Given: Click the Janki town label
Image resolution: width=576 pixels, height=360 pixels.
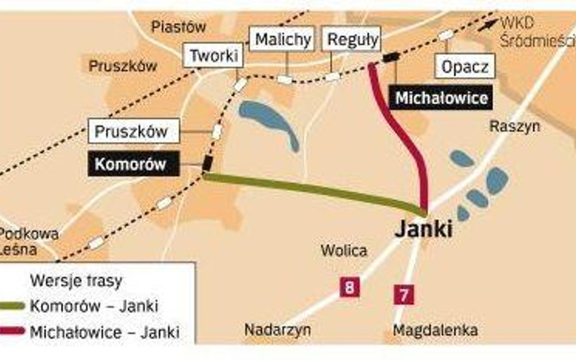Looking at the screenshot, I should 424,230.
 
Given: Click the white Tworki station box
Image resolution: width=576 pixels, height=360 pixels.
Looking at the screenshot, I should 214,56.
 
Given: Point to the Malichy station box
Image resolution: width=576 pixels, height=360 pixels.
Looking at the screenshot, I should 283,40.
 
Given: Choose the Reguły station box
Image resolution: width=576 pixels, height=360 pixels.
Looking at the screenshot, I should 353,40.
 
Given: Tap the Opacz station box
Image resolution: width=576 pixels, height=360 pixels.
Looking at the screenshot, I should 465,67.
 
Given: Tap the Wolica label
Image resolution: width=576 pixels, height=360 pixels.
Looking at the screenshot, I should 344,251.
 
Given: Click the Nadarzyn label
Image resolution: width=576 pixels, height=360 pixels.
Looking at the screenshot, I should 278,330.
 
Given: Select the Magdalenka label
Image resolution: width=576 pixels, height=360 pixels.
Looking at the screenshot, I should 435,331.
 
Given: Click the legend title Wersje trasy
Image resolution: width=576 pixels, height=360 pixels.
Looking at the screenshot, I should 75,281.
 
